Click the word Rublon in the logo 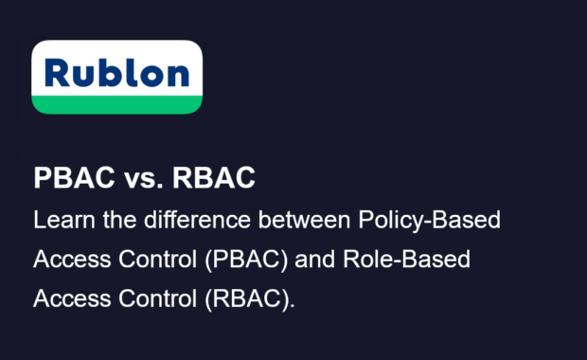116,72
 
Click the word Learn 61,220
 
